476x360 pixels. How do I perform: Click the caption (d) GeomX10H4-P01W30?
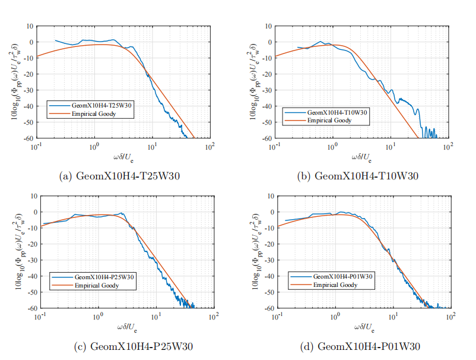click(x=360, y=346)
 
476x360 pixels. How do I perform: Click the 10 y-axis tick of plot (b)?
click(x=268, y=26)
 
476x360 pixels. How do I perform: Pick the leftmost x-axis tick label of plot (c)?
click(x=40, y=315)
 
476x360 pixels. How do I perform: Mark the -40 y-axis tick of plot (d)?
click(x=266, y=276)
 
